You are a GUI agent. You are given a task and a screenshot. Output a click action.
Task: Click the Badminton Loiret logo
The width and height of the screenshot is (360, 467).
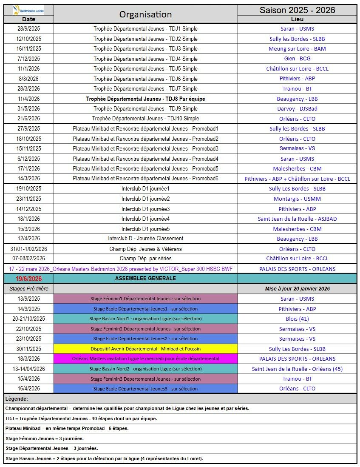coord(28,9)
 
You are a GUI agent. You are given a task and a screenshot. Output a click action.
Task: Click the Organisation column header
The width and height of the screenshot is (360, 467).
coord(145,14)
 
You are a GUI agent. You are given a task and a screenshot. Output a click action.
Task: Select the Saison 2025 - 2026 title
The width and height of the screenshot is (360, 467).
coord(297,10)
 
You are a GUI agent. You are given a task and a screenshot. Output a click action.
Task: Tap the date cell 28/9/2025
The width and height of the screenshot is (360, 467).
coord(29,29)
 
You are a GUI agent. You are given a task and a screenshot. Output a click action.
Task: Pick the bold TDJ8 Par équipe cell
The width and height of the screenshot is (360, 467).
coord(145,99)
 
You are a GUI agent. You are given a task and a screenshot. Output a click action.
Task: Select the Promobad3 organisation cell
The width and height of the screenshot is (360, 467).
coord(145,148)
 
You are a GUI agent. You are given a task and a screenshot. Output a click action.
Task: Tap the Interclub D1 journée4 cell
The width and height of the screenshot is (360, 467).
coord(145,219)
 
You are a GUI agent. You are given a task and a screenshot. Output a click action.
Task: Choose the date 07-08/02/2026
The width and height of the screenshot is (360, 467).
coord(29,258)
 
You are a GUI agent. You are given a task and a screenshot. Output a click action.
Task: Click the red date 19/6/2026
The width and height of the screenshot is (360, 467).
coord(29,279)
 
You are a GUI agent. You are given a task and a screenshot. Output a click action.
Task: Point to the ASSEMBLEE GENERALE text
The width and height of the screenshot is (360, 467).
coord(145,279)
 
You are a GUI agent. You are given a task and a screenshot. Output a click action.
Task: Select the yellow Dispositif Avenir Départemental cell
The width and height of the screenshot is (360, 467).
coord(145,349)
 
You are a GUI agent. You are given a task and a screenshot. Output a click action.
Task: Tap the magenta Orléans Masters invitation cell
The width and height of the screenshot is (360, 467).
coord(145,359)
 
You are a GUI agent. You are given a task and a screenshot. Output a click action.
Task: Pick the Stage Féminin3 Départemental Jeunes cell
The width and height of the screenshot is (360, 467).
coord(145,379)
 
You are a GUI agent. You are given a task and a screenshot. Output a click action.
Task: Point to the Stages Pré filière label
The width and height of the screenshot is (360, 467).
coord(29,289)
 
